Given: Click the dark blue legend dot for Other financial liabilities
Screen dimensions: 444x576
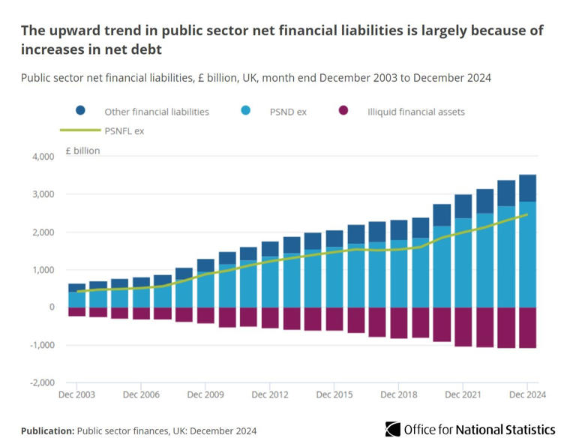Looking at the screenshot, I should [x=80, y=111].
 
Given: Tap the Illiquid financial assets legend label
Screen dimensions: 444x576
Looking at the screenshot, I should [x=415, y=112].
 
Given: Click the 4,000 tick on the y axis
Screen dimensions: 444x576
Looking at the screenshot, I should [x=42, y=157].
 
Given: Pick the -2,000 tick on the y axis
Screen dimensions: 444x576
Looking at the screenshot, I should [x=42, y=382].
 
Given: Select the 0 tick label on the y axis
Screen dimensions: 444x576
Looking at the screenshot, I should [x=52, y=307].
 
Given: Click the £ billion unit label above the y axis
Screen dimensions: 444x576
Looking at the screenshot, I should [x=82, y=151].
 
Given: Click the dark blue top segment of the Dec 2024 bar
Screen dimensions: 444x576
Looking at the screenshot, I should [x=527, y=187].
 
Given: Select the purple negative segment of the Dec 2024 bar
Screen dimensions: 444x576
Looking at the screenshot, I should [x=527, y=328].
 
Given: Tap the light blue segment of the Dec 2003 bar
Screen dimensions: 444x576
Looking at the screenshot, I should [x=76, y=299].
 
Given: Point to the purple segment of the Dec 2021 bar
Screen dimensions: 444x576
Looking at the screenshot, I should [x=463, y=327].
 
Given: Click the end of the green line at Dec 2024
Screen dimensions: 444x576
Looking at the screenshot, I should [x=527, y=214].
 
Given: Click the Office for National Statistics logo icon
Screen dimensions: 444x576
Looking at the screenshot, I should [x=392, y=430].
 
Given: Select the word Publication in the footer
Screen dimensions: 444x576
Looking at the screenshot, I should [x=46, y=430].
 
